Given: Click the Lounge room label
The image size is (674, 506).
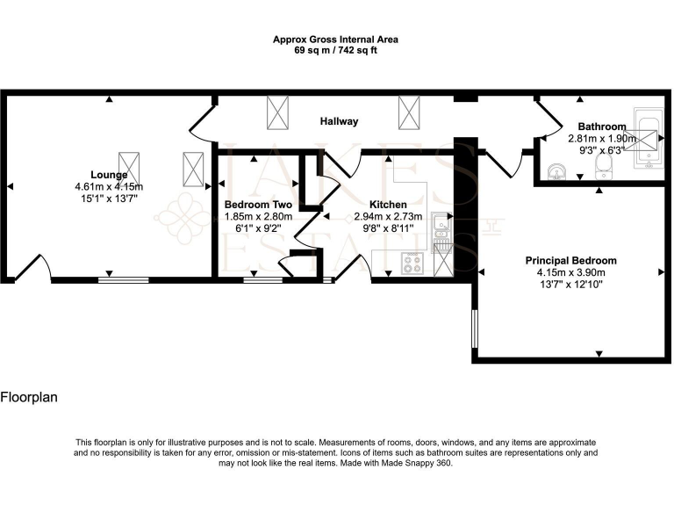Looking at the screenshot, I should coord(109,174).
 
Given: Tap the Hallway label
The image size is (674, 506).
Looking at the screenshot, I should coord(339,121).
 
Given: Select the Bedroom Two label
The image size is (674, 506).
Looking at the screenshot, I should coord(258,205).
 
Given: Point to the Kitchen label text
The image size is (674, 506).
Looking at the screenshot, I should coord(387,205).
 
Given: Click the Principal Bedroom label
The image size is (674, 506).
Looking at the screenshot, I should coord(570,260).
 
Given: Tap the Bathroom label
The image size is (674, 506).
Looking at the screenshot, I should coord(601,126).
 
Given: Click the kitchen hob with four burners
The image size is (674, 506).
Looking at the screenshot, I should coord(412,261).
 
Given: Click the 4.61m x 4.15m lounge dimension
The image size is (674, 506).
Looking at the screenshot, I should coord(109,186).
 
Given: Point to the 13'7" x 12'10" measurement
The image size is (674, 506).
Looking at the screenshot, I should coord(570,286).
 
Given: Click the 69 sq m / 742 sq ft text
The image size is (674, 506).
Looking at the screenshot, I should coord(336,51).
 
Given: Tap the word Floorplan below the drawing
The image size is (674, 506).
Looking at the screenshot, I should coord(29,398).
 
